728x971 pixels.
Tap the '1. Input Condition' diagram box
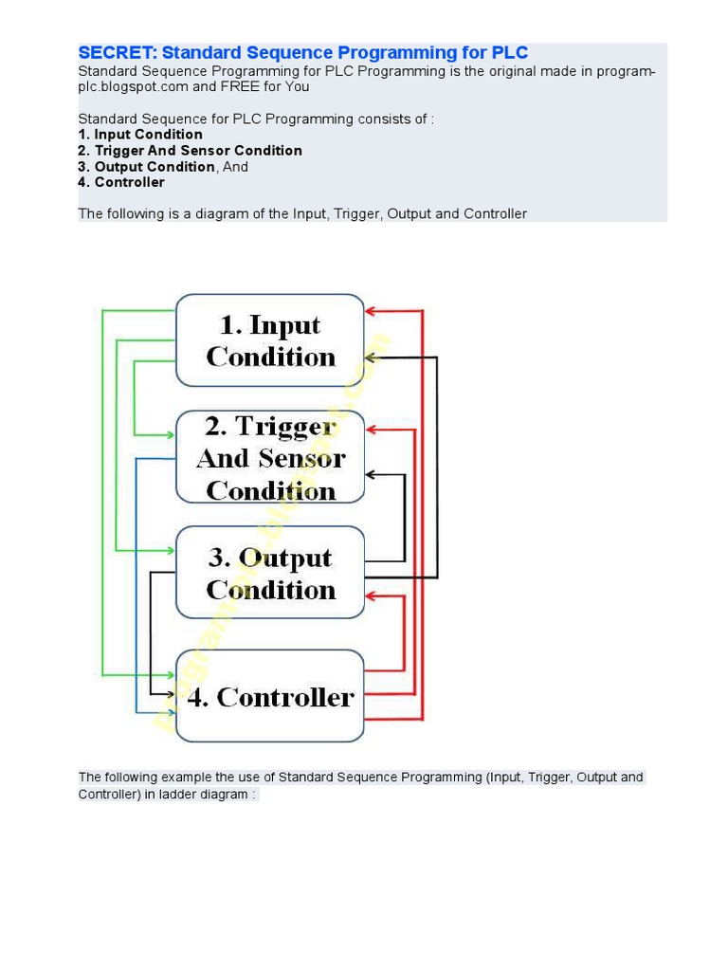tap(270, 340)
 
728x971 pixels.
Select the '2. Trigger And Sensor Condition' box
tap(270, 457)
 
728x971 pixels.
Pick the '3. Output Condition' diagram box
tap(270, 573)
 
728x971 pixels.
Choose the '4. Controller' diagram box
tap(270, 697)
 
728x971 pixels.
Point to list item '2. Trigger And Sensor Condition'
tap(190, 151)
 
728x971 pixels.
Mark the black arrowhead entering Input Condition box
tap(372, 357)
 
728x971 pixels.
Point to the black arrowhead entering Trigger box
tap(372, 473)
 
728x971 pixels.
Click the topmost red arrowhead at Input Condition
tap(372, 310)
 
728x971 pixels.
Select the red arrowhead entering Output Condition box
tap(372, 595)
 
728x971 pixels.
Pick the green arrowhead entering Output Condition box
tap(171, 550)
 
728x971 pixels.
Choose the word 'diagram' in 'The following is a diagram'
tap(221, 214)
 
